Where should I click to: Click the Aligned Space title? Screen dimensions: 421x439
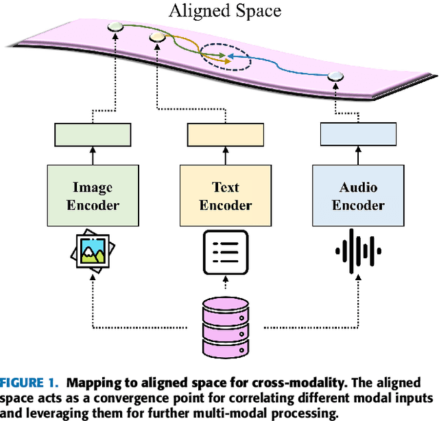pyautogui.click(x=226, y=11)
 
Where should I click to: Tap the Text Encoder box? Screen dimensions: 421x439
pyautogui.click(x=225, y=195)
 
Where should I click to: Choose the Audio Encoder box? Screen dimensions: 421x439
pyautogui.click(x=359, y=195)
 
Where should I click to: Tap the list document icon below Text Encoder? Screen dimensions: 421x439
pyautogui.click(x=225, y=252)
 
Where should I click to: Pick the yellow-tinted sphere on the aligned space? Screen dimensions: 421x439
pyautogui.click(x=157, y=36)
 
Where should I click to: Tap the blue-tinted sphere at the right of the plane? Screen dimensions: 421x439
pyautogui.click(x=334, y=76)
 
